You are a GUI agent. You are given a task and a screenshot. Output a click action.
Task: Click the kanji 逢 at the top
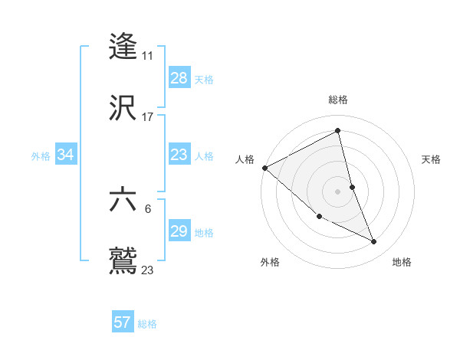click(123, 46)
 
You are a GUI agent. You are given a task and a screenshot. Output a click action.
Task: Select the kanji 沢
click(123, 107)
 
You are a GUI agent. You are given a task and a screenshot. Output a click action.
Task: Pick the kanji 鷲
click(123, 260)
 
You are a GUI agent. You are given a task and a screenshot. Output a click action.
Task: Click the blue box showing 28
click(179, 78)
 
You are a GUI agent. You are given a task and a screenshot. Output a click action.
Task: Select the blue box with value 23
click(179, 155)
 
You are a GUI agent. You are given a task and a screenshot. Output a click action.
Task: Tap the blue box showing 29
click(179, 231)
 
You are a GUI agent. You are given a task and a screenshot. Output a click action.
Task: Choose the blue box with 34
click(65, 155)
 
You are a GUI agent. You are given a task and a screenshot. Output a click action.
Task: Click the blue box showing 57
click(122, 322)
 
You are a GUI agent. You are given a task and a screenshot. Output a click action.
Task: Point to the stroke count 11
click(148, 56)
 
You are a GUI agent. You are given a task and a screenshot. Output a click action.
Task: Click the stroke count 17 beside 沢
click(148, 117)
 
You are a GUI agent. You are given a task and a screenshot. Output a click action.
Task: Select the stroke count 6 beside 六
click(147, 208)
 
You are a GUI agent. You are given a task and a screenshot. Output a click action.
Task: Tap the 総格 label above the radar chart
click(338, 100)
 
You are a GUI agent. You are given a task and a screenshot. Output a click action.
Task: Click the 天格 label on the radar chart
click(432, 159)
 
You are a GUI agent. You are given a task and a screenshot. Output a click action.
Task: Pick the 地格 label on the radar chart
click(402, 263)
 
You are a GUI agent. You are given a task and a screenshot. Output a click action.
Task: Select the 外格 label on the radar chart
click(270, 263)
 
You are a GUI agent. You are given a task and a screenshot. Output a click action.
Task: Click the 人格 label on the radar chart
click(245, 159)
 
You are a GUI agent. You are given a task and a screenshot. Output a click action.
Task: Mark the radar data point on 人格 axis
click(264, 168)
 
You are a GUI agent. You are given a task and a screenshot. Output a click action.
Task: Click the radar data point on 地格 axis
click(374, 242)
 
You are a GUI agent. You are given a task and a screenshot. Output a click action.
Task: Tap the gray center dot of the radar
click(338, 191)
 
